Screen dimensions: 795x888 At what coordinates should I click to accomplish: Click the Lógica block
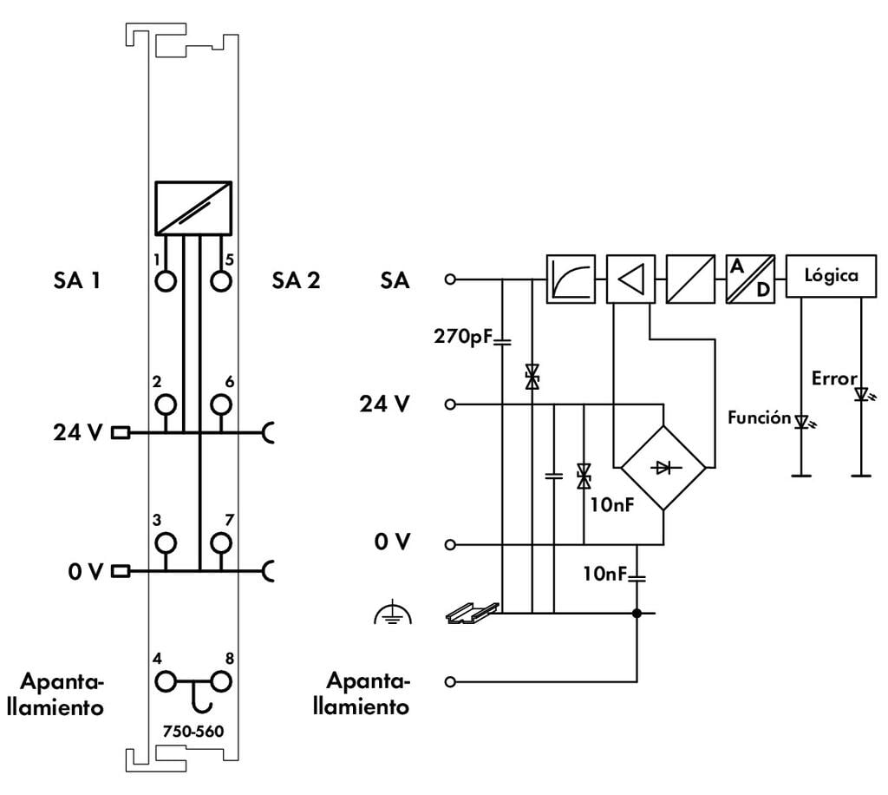click(x=830, y=277)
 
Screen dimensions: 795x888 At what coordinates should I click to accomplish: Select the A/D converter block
click(x=749, y=279)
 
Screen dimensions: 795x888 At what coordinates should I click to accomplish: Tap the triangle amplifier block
click(x=630, y=279)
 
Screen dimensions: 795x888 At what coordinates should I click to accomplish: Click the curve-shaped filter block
click(x=571, y=279)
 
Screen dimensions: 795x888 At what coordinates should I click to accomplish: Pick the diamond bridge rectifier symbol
click(x=663, y=468)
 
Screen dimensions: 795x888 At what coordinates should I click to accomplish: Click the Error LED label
click(x=834, y=378)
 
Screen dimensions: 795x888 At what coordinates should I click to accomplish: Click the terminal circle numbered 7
click(x=222, y=543)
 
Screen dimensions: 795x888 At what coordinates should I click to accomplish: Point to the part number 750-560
click(x=193, y=731)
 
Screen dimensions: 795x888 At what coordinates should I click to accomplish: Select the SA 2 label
click(x=296, y=280)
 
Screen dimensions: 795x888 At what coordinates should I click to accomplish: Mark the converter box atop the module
click(x=193, y=207)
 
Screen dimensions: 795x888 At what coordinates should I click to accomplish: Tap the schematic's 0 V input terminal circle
click(x=449, y=545)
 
